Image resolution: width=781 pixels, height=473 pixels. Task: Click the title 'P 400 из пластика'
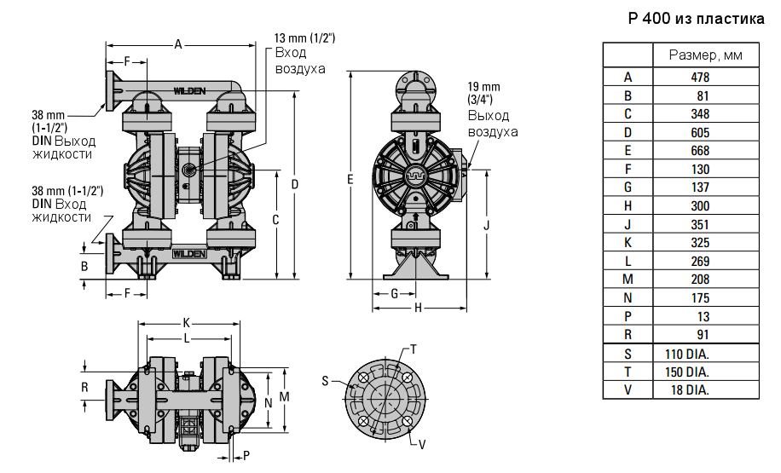[x=696, y=19]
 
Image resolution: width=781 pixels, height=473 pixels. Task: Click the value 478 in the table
[x=700, y=77]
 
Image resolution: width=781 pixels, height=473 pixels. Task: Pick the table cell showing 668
[x=700, y=151]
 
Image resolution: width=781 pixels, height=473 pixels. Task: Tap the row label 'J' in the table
[x=628, y=224]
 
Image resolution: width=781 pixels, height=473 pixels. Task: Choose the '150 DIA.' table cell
[x=687, y=372]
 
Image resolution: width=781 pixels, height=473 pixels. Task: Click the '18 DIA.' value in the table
[x=687, y=389]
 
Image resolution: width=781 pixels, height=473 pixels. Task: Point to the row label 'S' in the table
[x=628, y=354]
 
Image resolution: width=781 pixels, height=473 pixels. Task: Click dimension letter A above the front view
[x=177, y=43]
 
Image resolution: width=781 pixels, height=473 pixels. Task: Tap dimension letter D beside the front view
[x=294, y=184]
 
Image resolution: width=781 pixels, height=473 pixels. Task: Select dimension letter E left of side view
[x=350, y=179]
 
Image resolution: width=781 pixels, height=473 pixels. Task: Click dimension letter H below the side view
[x=419, y=308]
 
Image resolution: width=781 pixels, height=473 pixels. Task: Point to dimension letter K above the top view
[x=187, y=323]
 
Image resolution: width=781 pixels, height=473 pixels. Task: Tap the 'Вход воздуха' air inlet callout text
[x=299, y=61]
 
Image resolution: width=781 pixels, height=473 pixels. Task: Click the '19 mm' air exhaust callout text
[x=484, y=87]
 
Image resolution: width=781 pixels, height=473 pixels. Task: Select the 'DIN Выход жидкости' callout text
[x=63, y=147]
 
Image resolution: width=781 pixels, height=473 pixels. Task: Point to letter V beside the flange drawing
[x=422, y=444]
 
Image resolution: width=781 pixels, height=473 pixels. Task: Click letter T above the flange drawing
[x=414, y=349]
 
